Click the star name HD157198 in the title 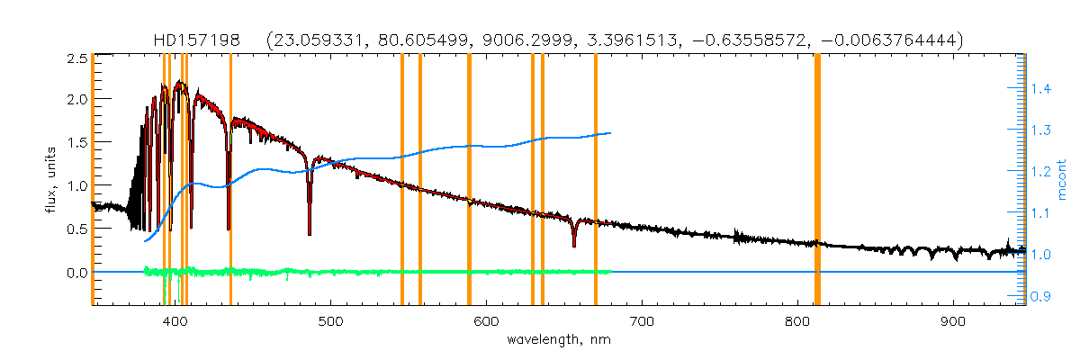199,40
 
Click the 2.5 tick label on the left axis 76,59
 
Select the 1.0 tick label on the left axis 76,186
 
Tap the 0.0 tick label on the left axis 76,273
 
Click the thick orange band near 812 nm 817,180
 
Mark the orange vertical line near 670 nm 596,180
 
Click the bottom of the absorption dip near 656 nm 574,245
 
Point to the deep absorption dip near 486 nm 310,232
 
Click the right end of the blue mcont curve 611,133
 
